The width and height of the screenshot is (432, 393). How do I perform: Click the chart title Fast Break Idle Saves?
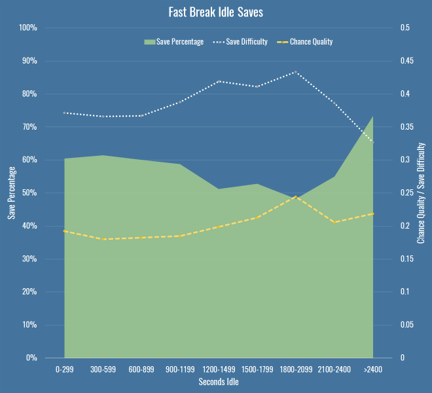pyautogui.click(x=216, y=12)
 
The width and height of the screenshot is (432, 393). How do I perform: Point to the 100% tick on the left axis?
pyautogui.click(x=27, y=28)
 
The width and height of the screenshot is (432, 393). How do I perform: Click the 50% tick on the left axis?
pyautogui.click(x=29, y=193)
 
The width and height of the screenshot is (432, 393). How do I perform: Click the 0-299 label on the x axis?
pyautogui.click(x=64, y=370)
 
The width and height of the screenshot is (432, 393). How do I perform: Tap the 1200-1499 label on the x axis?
pyautogui.click(x=219, y=370)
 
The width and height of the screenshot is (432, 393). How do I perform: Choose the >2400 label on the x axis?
pyautogui.click(x=373, y=370)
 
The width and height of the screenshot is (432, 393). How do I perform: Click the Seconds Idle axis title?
pyautogui.click(x=219, y=383)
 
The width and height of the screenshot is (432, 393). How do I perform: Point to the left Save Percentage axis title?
pyautogui.click(x=11, y=193)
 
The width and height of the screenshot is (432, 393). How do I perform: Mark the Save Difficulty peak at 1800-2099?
pyautogui.click(x=296, y=72)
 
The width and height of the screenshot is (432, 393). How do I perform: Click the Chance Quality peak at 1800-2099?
pyautogui.click(x=296, y=196)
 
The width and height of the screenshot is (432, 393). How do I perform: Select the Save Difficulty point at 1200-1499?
pyautogui.click(x=219, y=81)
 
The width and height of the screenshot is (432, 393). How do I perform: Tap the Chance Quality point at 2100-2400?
pyautogui.click(x=334, y=222)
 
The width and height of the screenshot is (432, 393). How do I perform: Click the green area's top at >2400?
pyautogui.click(x=372, y=117)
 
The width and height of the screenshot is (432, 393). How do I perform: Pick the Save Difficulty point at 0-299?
pyautogui.click(x=64, y=113)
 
